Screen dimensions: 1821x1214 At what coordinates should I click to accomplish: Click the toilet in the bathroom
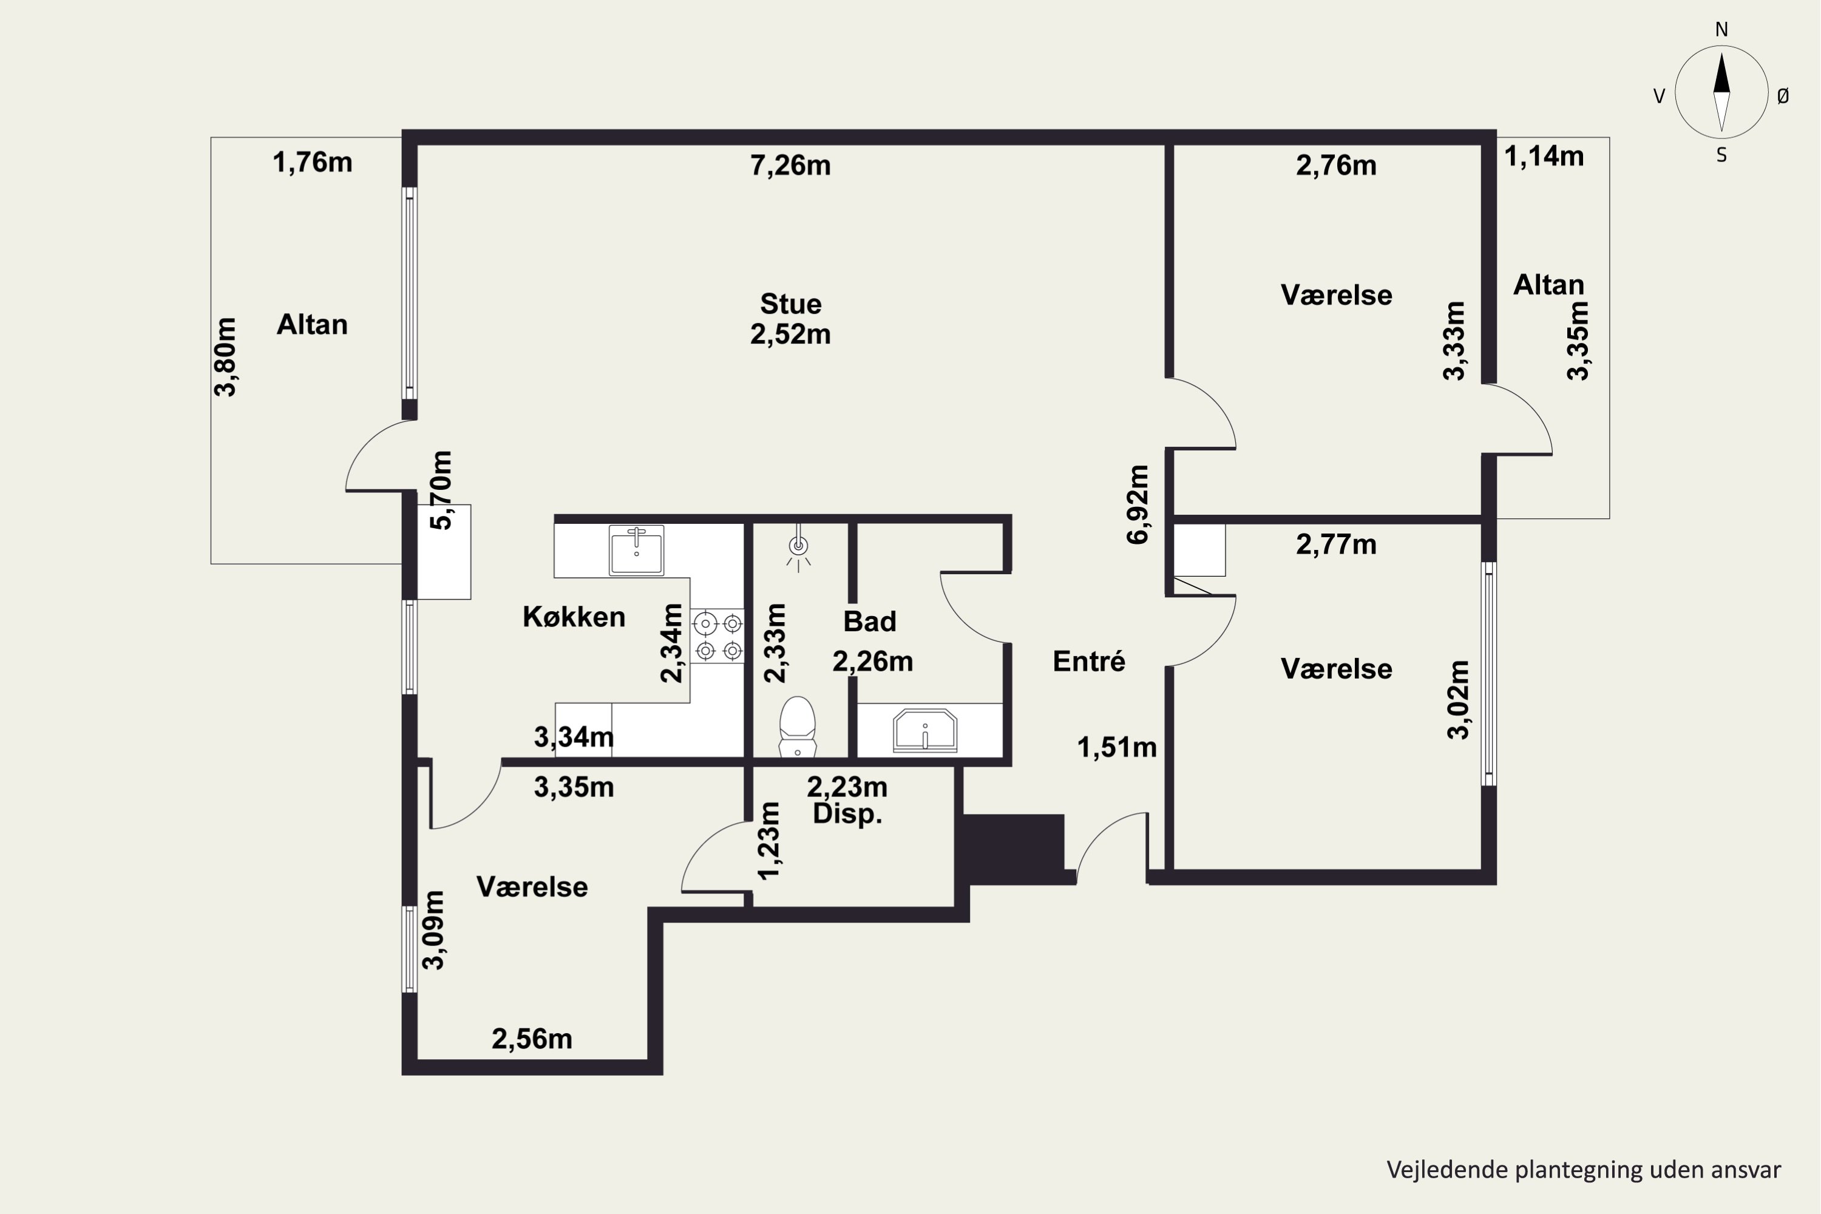[x=798, y=726]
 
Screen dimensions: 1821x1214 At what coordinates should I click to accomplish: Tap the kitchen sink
[x=636, y=550]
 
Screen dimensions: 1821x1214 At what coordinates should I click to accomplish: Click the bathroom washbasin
[x=925, y=730]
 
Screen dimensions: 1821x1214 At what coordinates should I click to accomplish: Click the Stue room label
[x=790, y=303]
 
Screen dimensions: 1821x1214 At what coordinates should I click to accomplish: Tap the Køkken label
[x=574, y=617]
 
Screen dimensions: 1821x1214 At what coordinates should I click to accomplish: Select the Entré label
[x=1088, y=661]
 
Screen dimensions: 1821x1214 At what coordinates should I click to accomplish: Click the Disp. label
[x=848, y=815]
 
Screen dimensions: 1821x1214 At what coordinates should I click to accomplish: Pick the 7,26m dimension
[x=790, y=166]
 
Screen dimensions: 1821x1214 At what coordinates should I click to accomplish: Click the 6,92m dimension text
[x=1138, y=505]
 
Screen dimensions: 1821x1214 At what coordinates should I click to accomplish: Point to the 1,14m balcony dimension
[x=1544, y=157]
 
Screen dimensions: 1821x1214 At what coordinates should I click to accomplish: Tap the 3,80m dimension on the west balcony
[x=225, y=357]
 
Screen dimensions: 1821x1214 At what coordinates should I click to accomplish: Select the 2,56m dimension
[x=532, y=1039]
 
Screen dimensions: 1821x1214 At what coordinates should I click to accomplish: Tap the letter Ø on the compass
[x=1783, y=96]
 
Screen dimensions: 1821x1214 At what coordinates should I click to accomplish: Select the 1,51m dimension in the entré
[x=1117, y=748]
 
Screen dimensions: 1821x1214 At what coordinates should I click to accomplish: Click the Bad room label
[x=869, y=622]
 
